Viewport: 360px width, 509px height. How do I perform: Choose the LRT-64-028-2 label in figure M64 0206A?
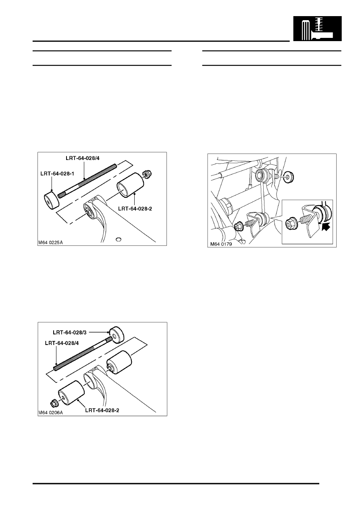[x=104, y=410]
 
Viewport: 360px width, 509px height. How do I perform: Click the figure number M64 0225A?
[x=52, y=243]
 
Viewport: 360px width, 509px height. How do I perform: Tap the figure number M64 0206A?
[x=52, y=412]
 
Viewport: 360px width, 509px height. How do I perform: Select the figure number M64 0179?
[x=222, y=243]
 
